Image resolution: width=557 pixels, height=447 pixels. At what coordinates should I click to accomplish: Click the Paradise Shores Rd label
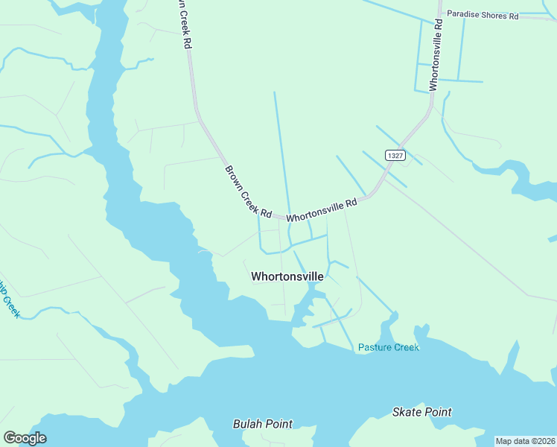(x=482, y=15)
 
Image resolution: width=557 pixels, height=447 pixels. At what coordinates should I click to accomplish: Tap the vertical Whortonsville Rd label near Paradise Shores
(x=436, y=54)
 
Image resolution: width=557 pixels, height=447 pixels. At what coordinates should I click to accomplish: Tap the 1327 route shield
(x=395, y=155)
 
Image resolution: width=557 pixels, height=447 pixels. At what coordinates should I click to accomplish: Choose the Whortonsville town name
(x=287, y=276)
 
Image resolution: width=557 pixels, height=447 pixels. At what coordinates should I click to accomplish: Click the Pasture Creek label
(x=388, y=347)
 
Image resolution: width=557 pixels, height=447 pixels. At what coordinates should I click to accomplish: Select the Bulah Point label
(x=262, y=424)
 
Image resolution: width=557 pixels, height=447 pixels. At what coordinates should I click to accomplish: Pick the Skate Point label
(x=421, y=412)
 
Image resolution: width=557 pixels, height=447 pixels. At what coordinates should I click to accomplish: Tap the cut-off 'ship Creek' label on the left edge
(x=8, y=298)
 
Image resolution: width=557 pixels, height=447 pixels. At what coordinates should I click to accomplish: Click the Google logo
(x=25, y=438)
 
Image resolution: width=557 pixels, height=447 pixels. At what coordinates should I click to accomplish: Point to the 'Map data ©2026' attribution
(x=525, y=441)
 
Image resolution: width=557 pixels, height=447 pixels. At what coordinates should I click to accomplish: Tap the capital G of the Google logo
(x=10, y=438)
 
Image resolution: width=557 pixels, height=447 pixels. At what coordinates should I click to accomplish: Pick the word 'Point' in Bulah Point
(x=278, y=424)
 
